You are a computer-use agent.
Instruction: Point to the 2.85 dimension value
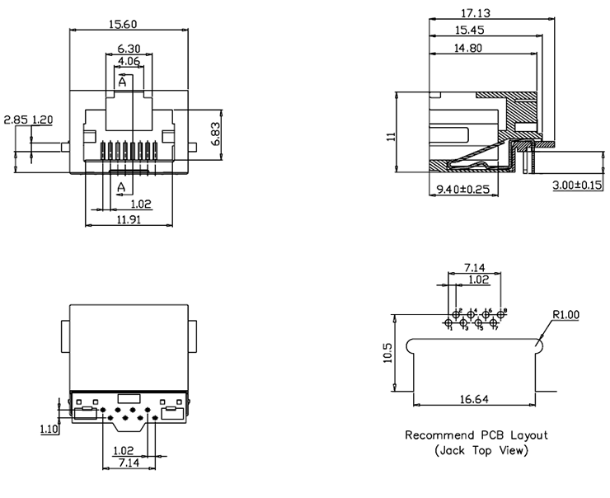coord(15,120)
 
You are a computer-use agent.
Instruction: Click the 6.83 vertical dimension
coord(215,134)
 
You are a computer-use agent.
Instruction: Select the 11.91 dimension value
coord(129,220)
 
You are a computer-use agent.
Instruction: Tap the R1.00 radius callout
coord(566,314)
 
